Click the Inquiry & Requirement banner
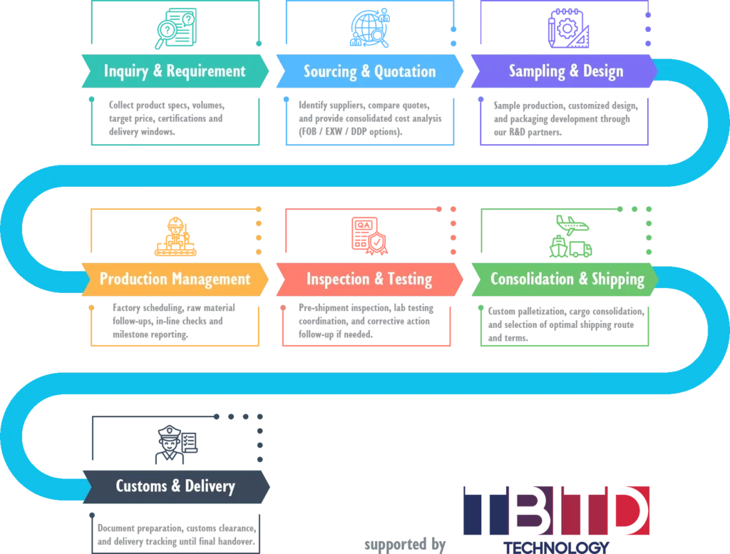[x=175, y=71]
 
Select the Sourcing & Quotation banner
[x=369, y=71]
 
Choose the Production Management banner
[x=175, y=279]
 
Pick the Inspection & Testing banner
[x=369, y=279]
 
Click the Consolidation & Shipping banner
[x=567, y=279]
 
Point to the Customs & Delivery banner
[x=175, y=487]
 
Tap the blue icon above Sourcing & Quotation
[x=369, y=27]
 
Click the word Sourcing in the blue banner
[x=333, y=71]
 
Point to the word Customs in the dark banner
[x=143, y=487]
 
